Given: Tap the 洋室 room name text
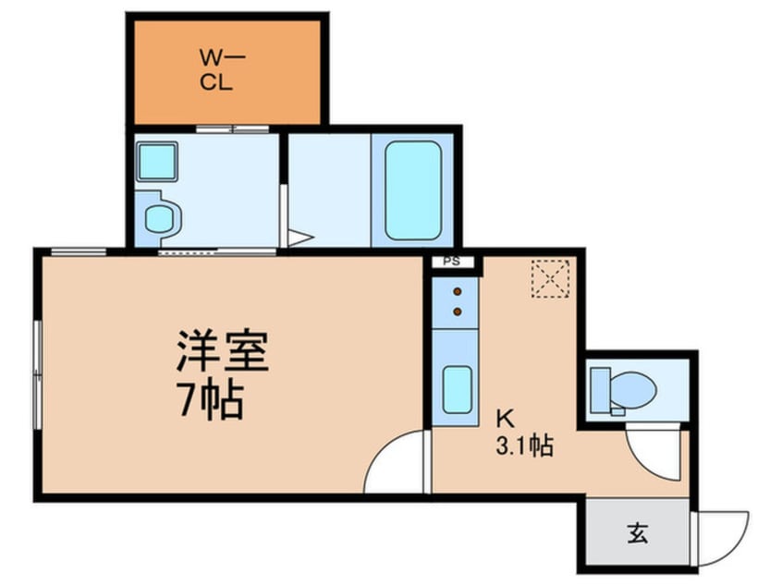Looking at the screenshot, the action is tap(223, 351).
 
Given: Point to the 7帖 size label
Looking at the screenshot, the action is tap(212, 400).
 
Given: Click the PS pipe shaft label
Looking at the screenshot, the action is tap(452, 262).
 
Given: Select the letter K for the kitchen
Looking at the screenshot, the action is tap(505, 419).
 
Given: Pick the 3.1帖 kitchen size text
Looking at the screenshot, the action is tap(525, 446).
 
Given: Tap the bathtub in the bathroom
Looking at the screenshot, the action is tap(413, 190).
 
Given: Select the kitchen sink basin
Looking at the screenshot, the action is tap(458, 389).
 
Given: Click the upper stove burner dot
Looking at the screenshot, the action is tap(458, 291).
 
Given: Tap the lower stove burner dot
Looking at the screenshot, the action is tap(458, 311).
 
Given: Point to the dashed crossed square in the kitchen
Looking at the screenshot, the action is tap(551, 278).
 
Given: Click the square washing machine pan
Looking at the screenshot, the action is tap(157, 162).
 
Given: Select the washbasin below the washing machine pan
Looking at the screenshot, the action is tap(159, 218).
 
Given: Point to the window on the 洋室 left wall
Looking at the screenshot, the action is tap(37, 374).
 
